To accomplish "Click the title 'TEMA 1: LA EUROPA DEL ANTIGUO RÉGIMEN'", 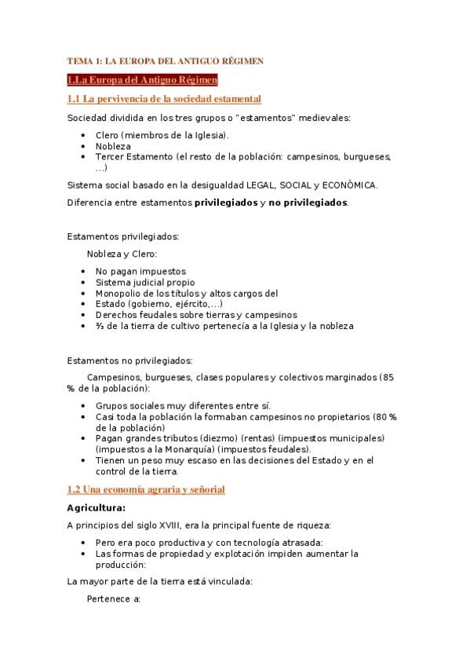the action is tap(165, 60).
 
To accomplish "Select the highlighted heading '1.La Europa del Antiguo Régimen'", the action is tap(142, 79).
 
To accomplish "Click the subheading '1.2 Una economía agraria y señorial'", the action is tap(146, 489).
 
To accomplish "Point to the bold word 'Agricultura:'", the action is tap(96, 507).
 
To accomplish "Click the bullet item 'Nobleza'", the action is tap(114, 146).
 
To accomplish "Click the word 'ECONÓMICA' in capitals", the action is tap(351, 185).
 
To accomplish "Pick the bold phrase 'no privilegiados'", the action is tap(308, 202).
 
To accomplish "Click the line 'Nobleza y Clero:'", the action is tap(122, 254).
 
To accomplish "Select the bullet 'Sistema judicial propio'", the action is tap(145, 282).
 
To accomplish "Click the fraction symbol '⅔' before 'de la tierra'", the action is tap(99, 325).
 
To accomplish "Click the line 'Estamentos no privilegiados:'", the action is tap(129, 360).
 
